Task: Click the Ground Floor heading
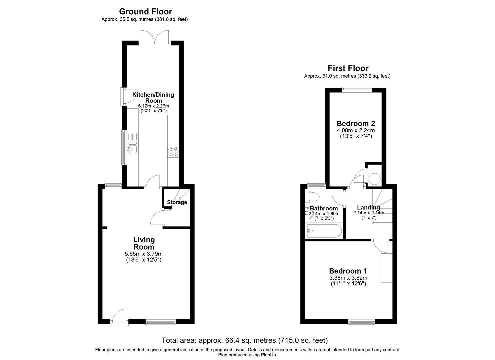click(145, 12)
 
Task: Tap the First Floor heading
click(348, 68)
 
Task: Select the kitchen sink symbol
click(132, 147)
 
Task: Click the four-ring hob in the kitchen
click(173, 152)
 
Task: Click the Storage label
click(177, 202)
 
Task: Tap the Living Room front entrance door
click(119, 317)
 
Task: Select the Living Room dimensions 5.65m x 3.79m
click(144, 254)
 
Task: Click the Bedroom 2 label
click(356, 123)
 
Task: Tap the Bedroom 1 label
click(348, 271)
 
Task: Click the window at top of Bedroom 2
click(357, 89)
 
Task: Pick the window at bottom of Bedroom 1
click(361, 322)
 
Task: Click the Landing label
click(368, 207)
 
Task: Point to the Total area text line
click(244, 340)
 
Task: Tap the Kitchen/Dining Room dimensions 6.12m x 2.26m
click(153, 106)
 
